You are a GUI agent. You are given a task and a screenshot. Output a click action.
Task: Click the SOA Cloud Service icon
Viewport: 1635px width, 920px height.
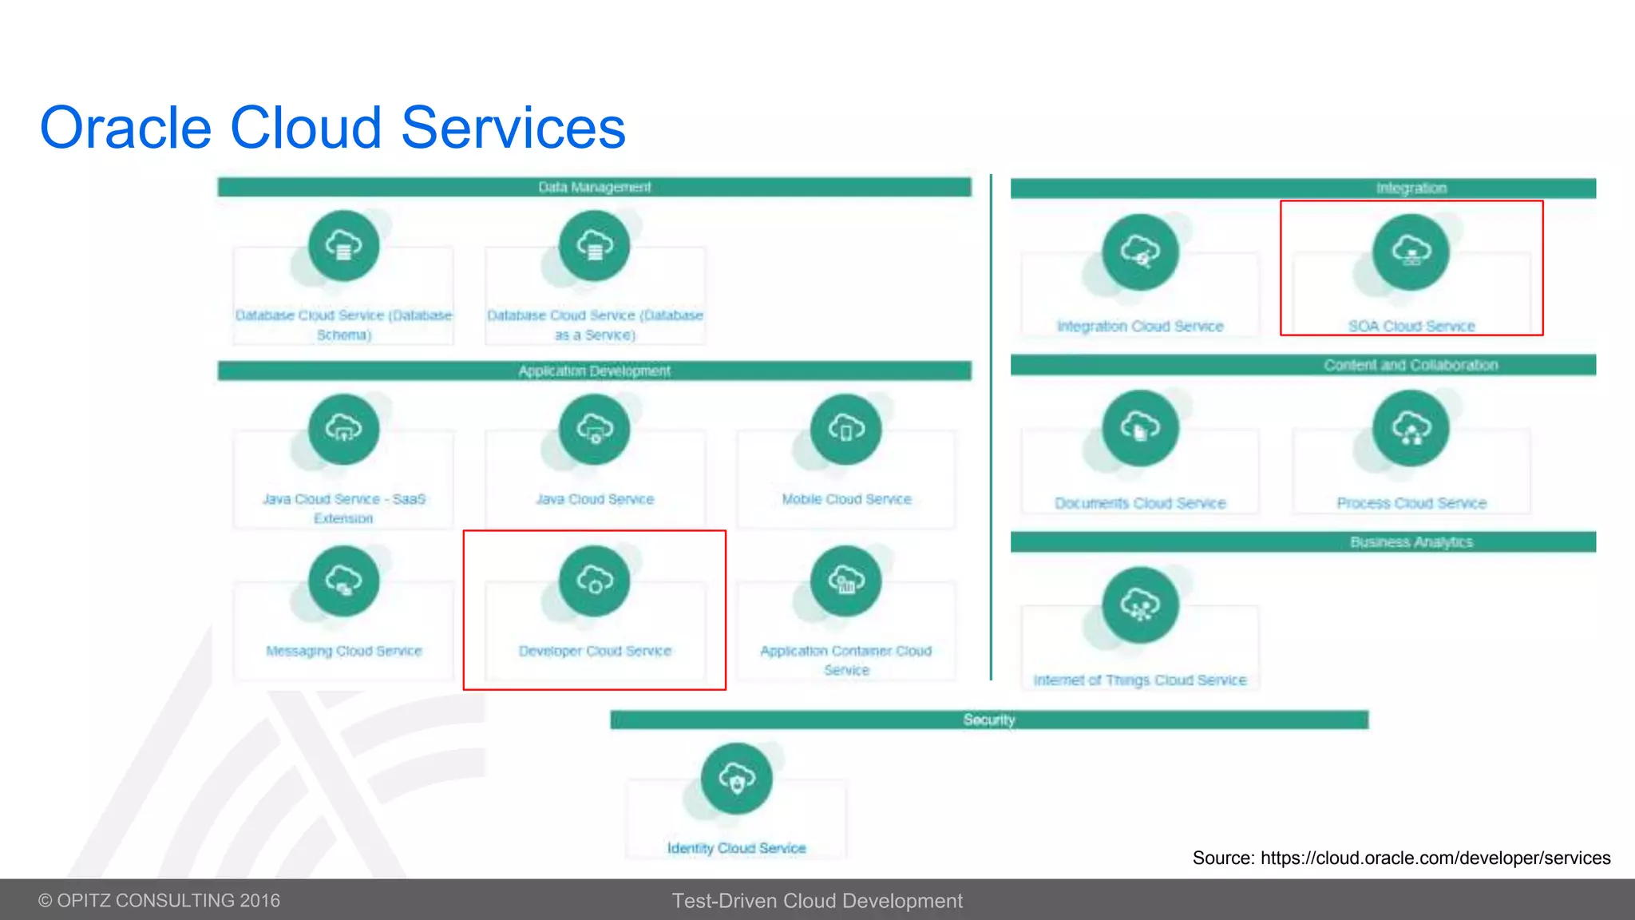[x=1411, y=252]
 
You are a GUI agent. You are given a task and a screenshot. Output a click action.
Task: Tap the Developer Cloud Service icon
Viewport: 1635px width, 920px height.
[x=595, y=581]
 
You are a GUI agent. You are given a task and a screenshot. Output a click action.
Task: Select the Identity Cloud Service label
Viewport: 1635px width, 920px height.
[x=736, y=848]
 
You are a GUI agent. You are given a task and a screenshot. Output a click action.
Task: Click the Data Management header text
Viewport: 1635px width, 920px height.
[x=595, y=187]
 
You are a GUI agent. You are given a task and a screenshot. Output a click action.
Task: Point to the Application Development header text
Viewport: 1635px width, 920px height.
[x=595, y=371]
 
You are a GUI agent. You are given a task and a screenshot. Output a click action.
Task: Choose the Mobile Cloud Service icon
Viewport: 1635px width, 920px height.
[x=845, y=429]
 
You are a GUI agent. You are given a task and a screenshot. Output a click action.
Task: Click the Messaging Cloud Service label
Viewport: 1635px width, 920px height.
[x=343, y=651]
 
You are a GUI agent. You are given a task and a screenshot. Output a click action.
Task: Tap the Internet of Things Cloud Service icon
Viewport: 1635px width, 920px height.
[x=1140, y=605]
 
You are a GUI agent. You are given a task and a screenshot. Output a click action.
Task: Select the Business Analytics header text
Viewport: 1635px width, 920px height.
[x=1411, y=542]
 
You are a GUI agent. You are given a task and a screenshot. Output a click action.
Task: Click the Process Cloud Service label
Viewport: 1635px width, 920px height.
[x=1411, y=503]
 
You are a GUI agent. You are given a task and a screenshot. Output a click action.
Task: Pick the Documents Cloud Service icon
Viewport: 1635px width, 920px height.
[x=1140, y=428]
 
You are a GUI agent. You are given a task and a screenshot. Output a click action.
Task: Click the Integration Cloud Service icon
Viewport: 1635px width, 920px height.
[x=1140, y=252]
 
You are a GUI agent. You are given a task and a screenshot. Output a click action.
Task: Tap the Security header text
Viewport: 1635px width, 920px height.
[x=988, y=720]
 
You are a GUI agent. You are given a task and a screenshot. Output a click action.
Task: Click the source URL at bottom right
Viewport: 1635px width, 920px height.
[x=1435, y=858]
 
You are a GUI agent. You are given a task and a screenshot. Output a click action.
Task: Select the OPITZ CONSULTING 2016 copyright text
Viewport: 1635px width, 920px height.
[x=160, y=901]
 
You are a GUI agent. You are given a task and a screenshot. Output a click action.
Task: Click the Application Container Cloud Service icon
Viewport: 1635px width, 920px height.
[x=845, y=581]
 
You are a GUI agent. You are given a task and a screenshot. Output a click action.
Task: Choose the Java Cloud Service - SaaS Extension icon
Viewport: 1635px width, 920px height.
[x=343, y=429]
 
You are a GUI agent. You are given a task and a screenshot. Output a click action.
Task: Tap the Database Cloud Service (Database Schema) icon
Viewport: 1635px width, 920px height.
[x=343, y=245]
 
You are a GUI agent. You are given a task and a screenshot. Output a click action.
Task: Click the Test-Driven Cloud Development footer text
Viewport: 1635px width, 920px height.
[x=817, y=901]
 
